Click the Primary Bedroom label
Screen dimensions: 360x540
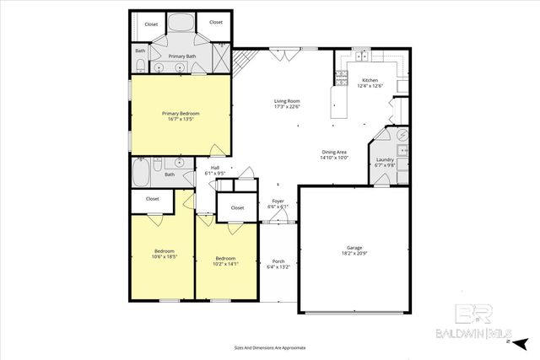click(181, 116)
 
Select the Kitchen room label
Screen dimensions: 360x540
click(370, 83)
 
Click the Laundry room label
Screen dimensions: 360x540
click(385, 162)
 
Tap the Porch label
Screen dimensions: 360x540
click(278, 264)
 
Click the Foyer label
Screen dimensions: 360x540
click(278, 203)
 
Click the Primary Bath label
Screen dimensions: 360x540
click(181, 56)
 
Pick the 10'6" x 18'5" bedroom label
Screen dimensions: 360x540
click(164, 254)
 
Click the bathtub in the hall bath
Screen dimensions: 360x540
click(142, 174)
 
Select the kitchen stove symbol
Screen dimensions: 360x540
click(342, 77)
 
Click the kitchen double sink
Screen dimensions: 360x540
click(361, 56)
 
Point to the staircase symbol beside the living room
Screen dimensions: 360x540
click(244, 61)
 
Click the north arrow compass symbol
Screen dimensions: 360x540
click(520, 343)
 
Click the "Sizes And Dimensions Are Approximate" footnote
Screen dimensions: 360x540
click(269, 347)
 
